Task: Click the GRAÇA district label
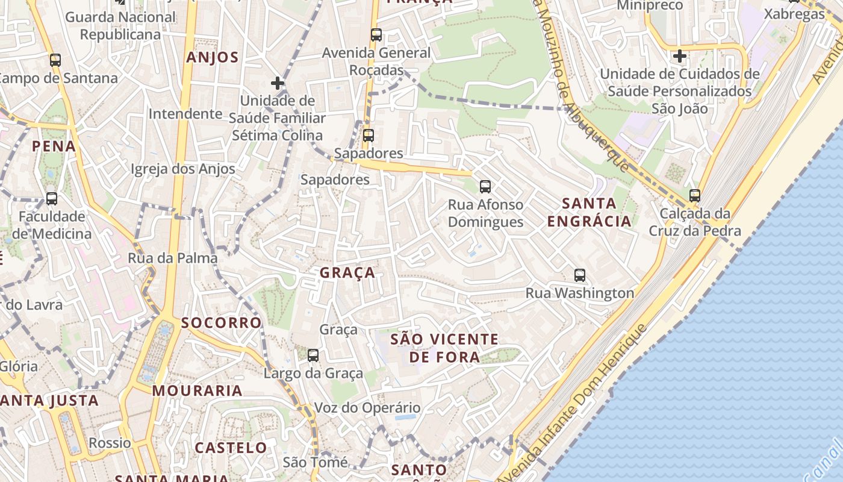click(x=347, y=273)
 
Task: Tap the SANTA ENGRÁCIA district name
click(x=589, y=212)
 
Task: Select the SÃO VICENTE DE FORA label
click(x=444, y=348)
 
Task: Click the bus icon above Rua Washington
click(x=580, y=275)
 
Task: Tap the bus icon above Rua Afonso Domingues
click(x=485, y=187)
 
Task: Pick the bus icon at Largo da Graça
click(x=313, y=355)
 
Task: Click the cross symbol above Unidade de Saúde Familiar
click(x=278, y=83)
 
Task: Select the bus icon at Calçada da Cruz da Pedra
click(x=695, y=196)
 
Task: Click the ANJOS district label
click(x=213, y=58)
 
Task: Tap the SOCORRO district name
click(x=222, y=323)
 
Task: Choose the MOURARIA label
click(x=197, y=390)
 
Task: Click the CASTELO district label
click(x=231, y=448)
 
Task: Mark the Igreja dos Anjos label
click(x=183, y=169)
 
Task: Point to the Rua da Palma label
click(x=173, y=258)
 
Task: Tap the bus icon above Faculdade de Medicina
click(x=52, y=198)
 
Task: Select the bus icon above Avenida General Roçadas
click(x=376, y=35)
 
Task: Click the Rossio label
click(x=110, y=443)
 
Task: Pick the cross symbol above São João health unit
click(x=680, y=56)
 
